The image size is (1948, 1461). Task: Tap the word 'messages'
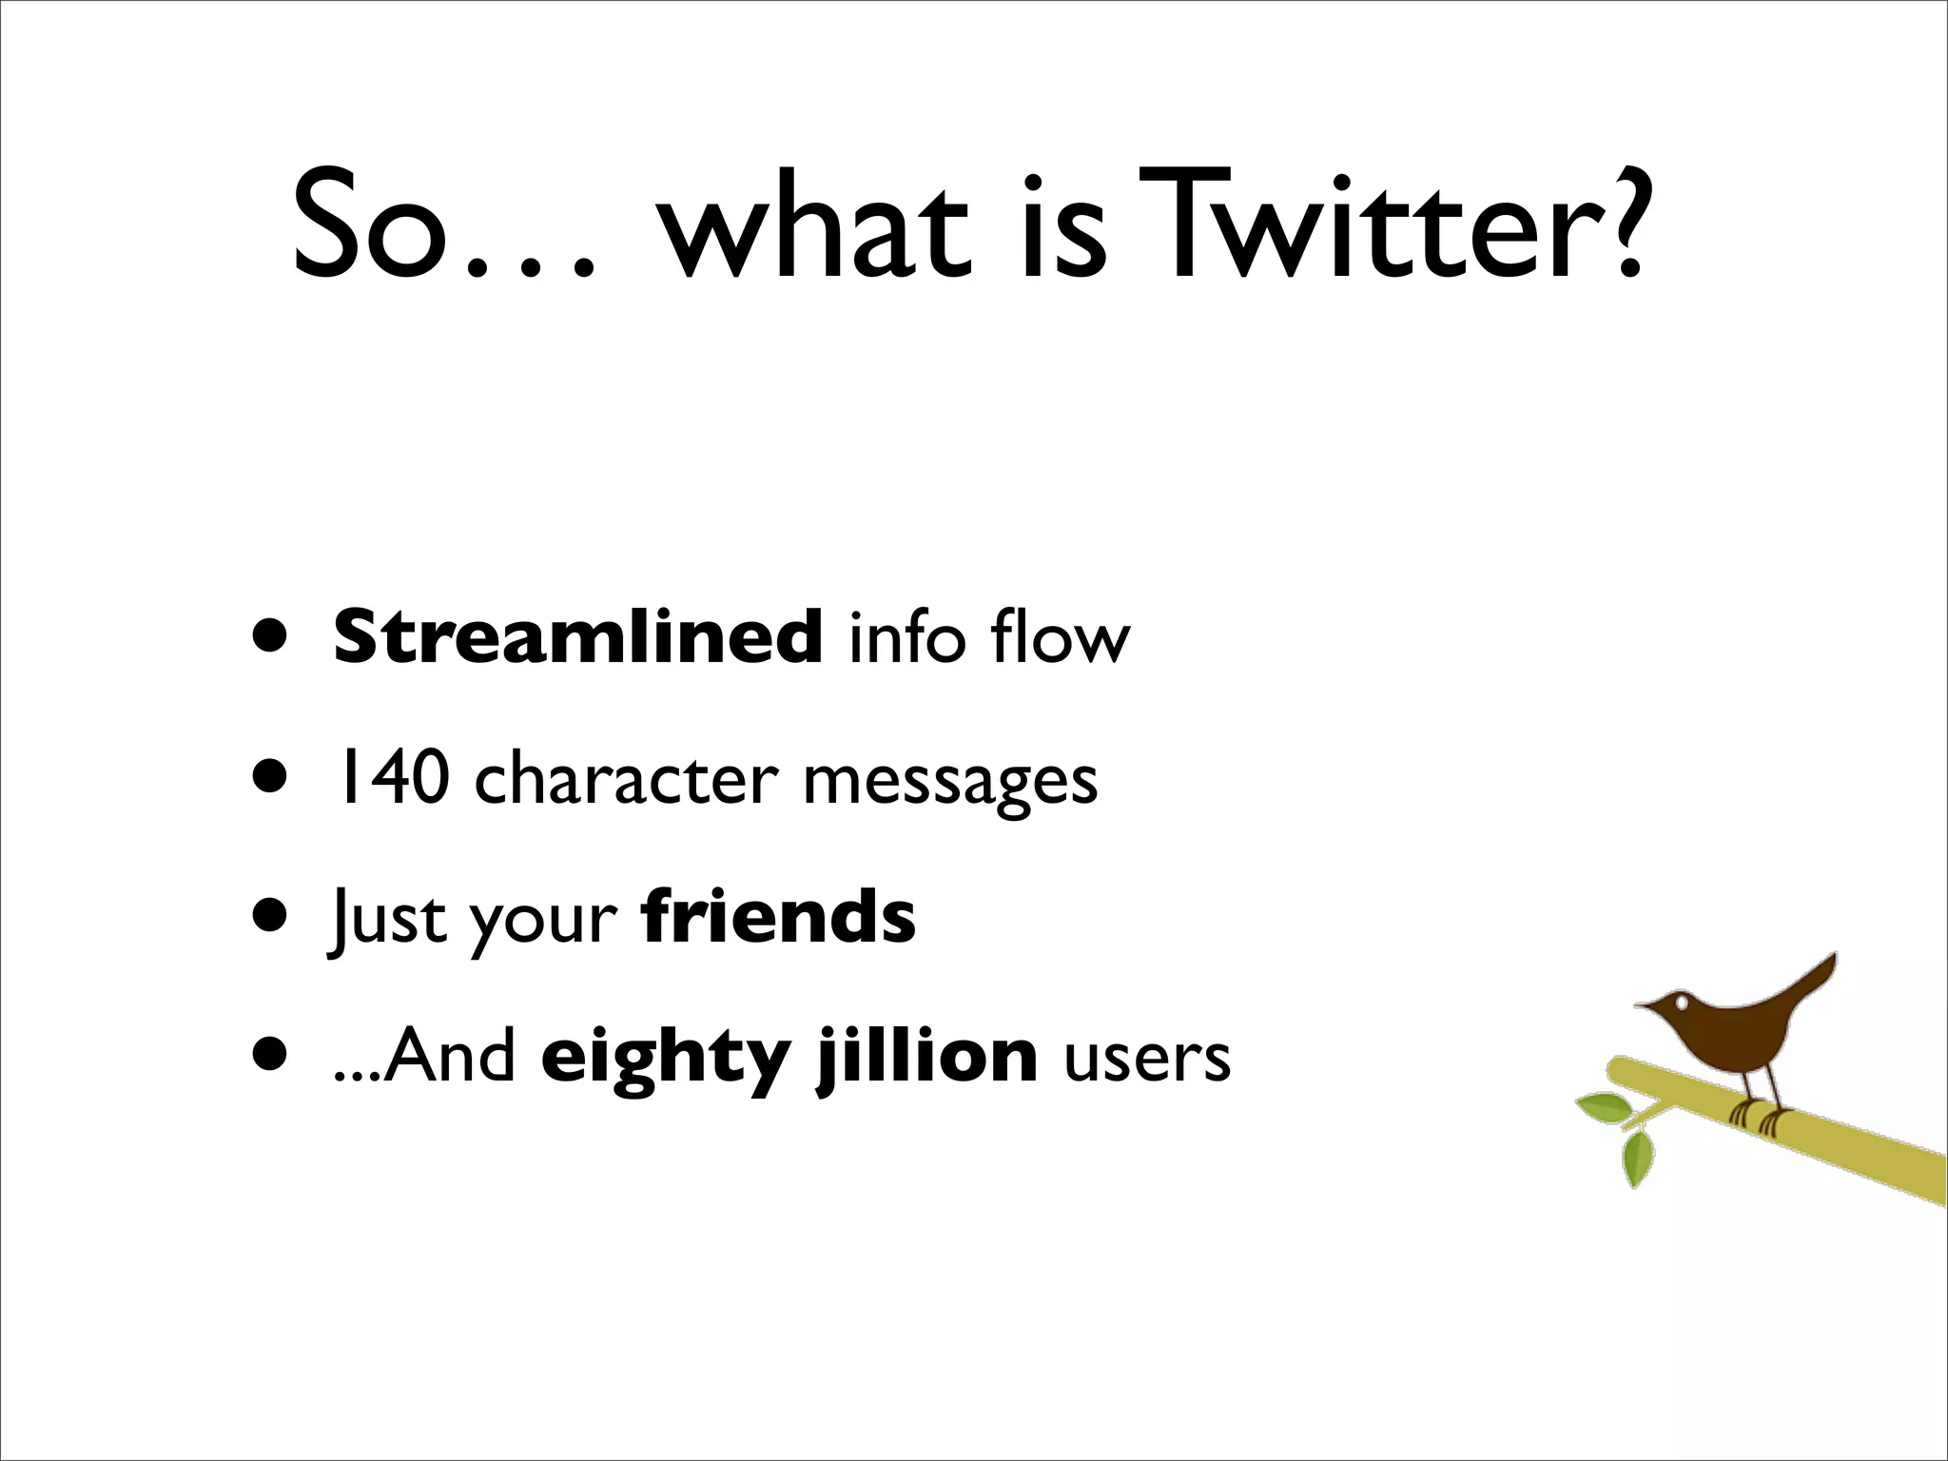(x=950, y=782)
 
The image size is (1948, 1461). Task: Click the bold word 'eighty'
(x=665, y=1058)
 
